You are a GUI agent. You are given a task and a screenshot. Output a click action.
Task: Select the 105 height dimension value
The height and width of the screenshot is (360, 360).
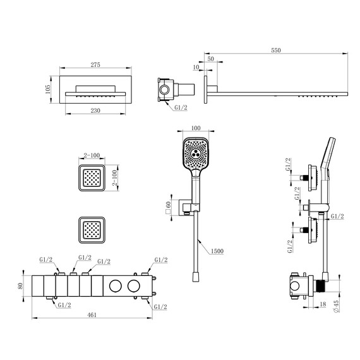(48, 89)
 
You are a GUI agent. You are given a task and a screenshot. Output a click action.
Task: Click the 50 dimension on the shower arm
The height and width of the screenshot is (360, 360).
(210, 59)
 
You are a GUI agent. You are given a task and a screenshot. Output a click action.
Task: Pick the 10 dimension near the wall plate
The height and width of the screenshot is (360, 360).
(197, 66)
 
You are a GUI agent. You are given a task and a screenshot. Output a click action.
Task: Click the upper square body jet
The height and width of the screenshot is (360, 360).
(92, 177)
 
